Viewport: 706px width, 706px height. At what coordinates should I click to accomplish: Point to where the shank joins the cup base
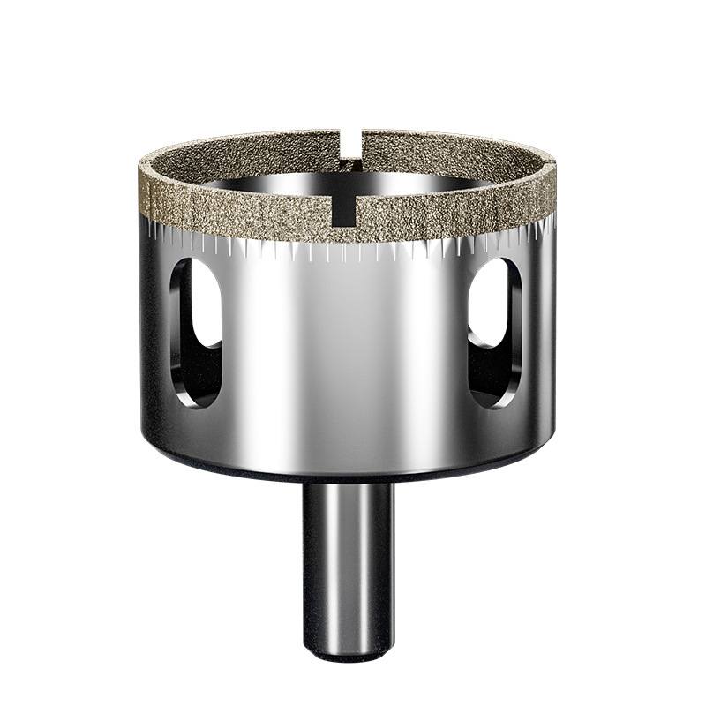(347, 484)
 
